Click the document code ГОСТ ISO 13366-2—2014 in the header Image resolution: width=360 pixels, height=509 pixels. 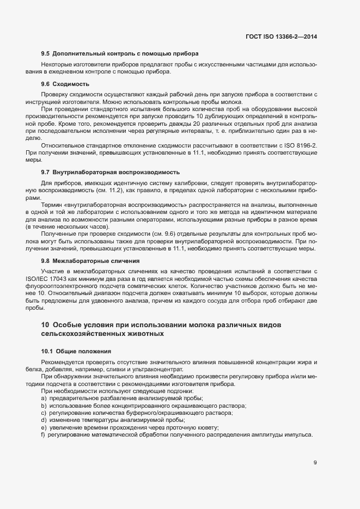click(x=281, y=36)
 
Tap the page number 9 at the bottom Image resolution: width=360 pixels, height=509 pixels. click(x=315, y=463)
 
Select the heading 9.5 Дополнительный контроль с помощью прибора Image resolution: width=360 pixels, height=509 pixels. click(x=119, y=54)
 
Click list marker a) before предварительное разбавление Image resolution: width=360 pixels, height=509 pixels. click(x=43, y=399)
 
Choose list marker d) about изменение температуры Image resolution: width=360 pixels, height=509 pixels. click(x=43, y=420)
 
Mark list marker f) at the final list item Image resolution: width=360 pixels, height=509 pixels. click(x=43, y=434)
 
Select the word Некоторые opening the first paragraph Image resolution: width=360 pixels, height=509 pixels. click(x=57, y=65)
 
